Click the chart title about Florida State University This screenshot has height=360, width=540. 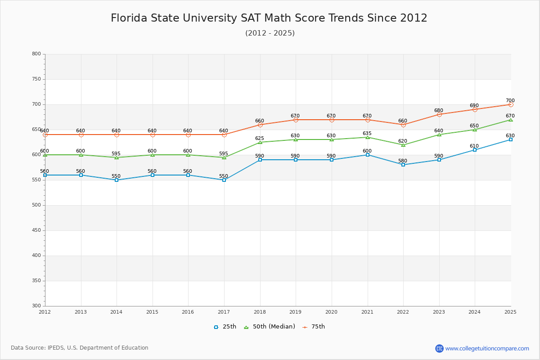(x=269, y=18)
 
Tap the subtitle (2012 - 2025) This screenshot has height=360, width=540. (x=270, y=33)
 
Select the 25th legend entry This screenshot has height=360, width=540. (x=225, y=327)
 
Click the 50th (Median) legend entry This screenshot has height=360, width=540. (x=270, y=327)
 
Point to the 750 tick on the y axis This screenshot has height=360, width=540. (x=36, y=79)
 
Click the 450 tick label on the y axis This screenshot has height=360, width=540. (x=36, y=230)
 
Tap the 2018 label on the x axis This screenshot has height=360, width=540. (x=260, y=312)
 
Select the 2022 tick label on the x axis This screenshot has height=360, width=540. (x=403, y=312)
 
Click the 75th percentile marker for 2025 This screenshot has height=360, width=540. (x=511, y=104)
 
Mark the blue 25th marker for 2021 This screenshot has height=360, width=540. (x=368, y=155)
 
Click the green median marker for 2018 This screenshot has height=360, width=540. (x=260, y=142)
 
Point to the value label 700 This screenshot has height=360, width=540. (x=510, y=101)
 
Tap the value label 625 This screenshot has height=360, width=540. (x=259, y=139)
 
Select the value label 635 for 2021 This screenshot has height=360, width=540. (x=367, y=134)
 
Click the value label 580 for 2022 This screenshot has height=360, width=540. (x=402, y=161)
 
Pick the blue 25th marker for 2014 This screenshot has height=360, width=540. (x=117, y=180)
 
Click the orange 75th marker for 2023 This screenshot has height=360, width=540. (x=439, y=114)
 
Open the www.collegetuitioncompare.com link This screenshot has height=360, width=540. (x=487, y=348)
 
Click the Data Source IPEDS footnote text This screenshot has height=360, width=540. (x=80, y=348)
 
